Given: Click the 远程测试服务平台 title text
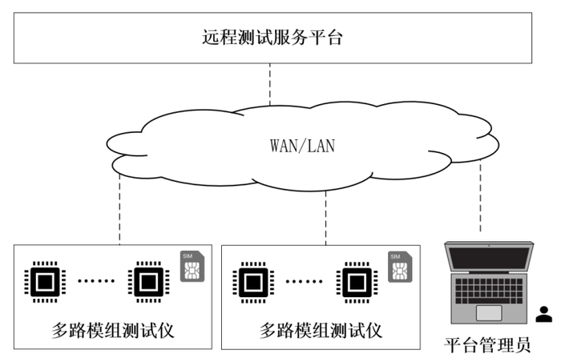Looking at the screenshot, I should tap(272, 38).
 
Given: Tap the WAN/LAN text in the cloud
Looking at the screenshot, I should tap(302, 147).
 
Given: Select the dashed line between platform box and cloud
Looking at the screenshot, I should tap(270, 84).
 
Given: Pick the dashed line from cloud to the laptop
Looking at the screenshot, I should tap(480, 196).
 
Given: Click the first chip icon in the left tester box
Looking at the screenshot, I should tap(44, 281).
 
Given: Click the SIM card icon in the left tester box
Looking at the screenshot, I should tap(192, 267).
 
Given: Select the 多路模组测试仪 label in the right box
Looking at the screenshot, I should tap(321, 329).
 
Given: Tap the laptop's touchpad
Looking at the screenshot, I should tap(489, 312).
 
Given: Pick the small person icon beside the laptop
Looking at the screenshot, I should tap(544, 314).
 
